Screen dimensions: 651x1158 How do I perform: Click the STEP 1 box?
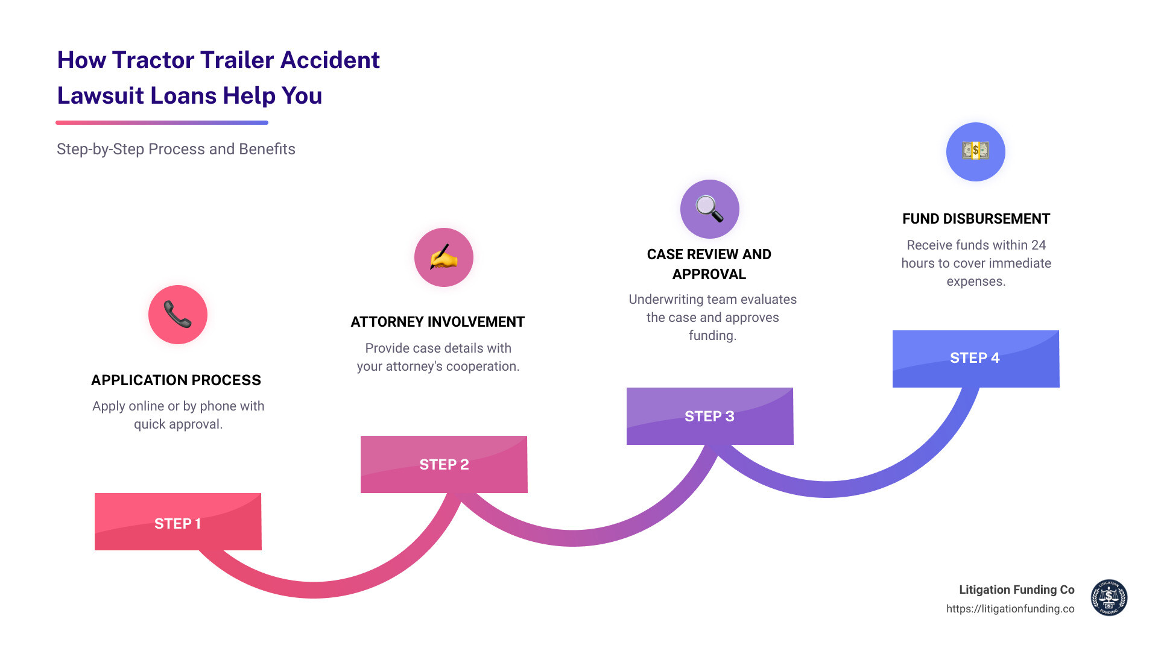pyautogui.click(x=178, y=522)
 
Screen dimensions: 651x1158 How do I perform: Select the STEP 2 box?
pyautogui.click(x=444, y=464)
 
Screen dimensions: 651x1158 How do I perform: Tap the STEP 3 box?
pyautogui.click(x=710, y=416)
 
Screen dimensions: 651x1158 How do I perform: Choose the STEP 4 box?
pyautogui.click(x=975, y=358)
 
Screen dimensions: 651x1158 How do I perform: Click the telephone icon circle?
pyautogui.click(x=178, y=315)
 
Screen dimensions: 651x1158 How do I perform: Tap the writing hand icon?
pyautogui.click(x=444, y=257)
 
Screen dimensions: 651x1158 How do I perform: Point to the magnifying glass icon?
pyautogui.click(x=710, y=209)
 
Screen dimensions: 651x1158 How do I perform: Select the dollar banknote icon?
pyautogui.click(x=975, y=151)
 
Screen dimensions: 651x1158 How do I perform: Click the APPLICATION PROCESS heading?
pyautogui.click(x=176, y=380)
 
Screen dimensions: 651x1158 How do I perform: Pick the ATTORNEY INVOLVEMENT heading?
pyautogui.click(x=438, y=322)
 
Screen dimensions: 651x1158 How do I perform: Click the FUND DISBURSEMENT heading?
pyautogui.click(x=976, y=219)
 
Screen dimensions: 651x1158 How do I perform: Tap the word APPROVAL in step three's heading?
pyautogui.click(x=709, y=274)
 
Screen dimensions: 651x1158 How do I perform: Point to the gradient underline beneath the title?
pyautogui.click(x=162, y=123)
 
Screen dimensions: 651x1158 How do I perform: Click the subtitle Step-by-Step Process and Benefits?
pyautogui.click(x=176, y=149)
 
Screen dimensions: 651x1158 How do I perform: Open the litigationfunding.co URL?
pyautogui.click(x=1010, y=609)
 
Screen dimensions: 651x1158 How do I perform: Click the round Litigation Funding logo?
pyautogui.click(x=1109, y=598)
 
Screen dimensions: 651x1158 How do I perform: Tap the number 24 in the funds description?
pyautogui.click(x=1038, y=245)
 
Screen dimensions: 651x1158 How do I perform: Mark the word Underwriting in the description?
pyautogui.click(x=666, y=300)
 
